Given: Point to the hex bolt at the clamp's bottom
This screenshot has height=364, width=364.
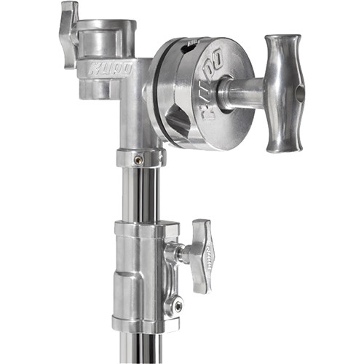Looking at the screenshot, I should pyautogui.click(x=176, y=306).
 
